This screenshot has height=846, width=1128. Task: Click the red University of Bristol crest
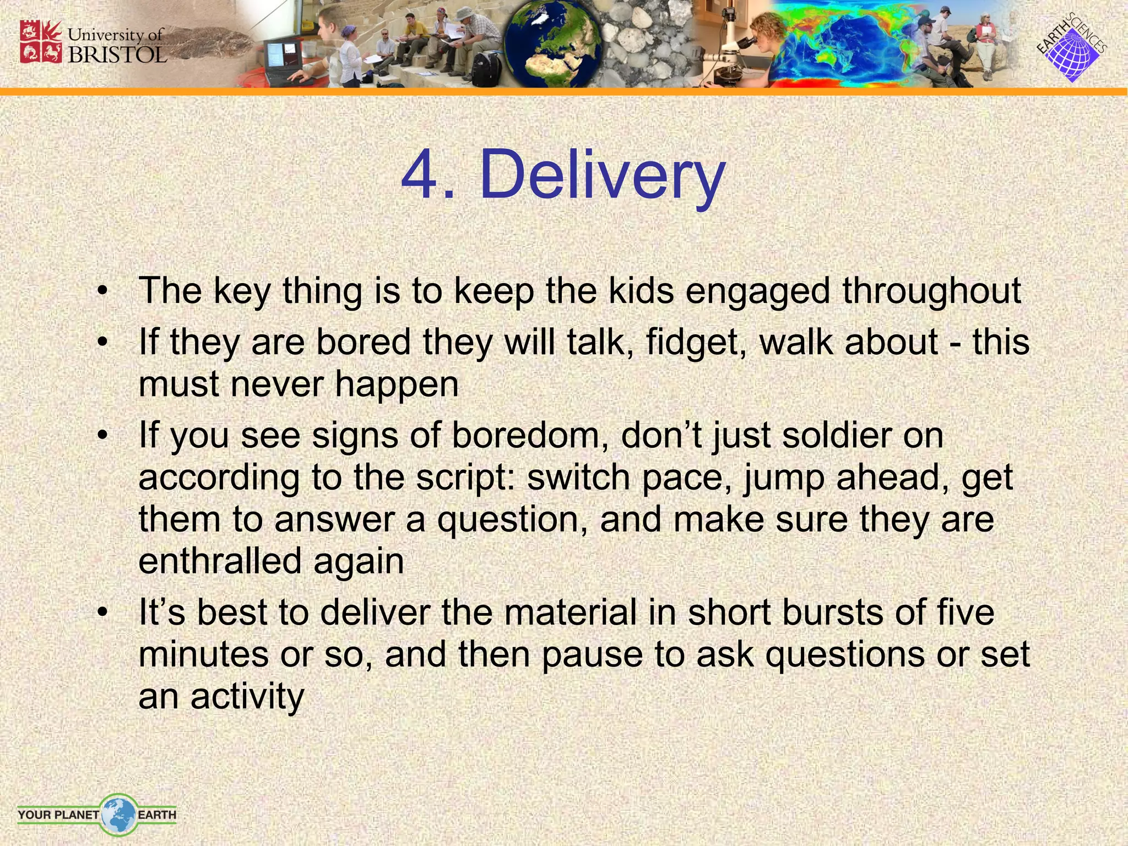pos(41,42)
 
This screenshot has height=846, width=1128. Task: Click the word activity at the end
pos(247,697)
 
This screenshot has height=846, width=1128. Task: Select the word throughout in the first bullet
pos(931,291)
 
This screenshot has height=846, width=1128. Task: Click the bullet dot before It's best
pos(101,612)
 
